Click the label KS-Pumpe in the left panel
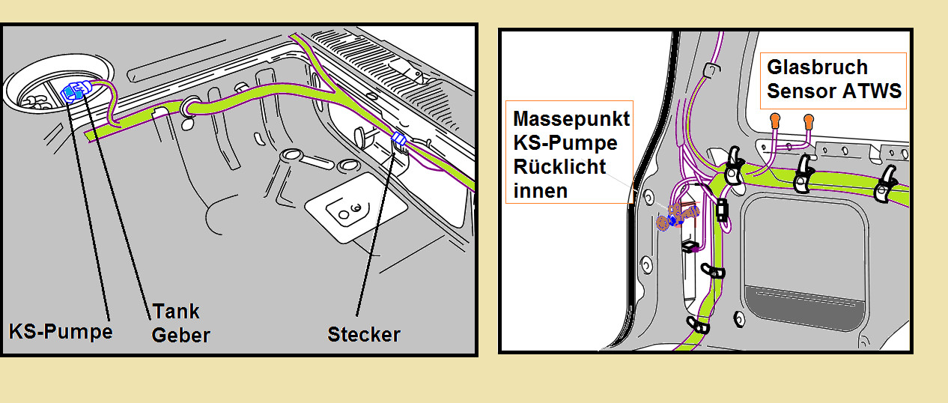pos(60,330)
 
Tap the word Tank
pos(176,311)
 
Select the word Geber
pos(180,334)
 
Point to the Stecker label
pos(364,334)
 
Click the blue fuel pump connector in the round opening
pos(74,91)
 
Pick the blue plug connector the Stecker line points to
pos(398,139)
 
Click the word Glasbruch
pos(818,67)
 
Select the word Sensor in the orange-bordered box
pos(800,92)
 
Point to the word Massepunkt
pos(571,118)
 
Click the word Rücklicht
pos(559,166)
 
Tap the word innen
pos(541,190)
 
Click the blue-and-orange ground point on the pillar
pos(672,219)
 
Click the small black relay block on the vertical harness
pos(722,210)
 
